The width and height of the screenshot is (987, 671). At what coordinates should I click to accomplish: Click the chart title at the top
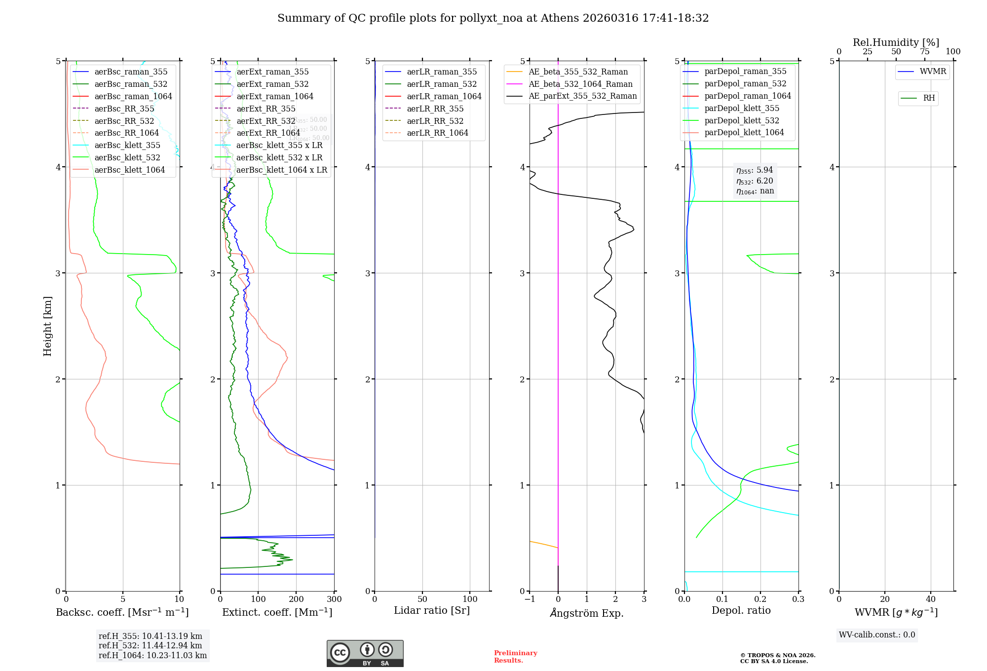(x=493, y=18)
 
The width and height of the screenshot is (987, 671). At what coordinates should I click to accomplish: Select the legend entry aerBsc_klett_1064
(x=129, y=170)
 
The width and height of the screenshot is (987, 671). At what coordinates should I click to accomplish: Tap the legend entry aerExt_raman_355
(x=272, y=72)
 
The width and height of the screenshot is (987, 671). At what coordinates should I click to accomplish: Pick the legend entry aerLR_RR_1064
(x=437, y=133)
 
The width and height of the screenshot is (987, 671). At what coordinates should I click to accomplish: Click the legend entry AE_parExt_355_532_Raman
(x=582, y=96)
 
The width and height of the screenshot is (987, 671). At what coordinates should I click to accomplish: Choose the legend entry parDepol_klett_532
(x=741, y=120)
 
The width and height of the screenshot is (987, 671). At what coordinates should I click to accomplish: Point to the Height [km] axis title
(x=47, y=326)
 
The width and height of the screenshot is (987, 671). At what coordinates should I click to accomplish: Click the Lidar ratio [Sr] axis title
(x=432, y=610)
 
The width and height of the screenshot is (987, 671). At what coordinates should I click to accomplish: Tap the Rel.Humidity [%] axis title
(x=896, y=42)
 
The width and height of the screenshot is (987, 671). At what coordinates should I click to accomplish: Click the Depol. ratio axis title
(x=741, y=610)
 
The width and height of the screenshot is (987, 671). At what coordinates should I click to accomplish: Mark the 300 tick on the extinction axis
(x=334, y=599)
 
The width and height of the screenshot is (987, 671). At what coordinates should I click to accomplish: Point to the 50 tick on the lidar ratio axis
(x=422, y=599)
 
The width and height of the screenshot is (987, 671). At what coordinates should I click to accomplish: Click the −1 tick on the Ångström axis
(x=530, y=599)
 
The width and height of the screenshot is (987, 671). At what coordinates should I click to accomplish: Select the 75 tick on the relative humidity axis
(x=924, y=52)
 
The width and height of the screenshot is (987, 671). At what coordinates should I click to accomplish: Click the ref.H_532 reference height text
(x=150, y=645)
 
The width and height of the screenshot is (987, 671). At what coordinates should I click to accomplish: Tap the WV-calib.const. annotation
(x=876, y=635)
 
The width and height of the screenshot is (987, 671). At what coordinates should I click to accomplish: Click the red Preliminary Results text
(x=515, y=657)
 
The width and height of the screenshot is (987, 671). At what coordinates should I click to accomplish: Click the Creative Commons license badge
(x=365, y=653)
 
